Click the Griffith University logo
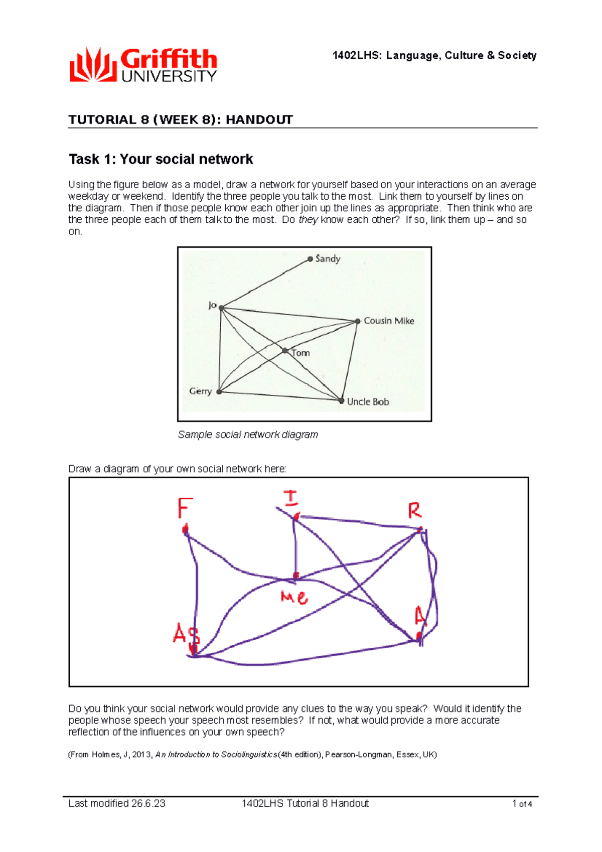click(143, 65)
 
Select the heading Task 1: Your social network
click(161, 159)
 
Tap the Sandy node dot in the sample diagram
click(310, 259)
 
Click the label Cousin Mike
click(389, 321)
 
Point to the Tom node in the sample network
click(285, 351)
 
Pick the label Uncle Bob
click(368, 401)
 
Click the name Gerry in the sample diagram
click(200, 391)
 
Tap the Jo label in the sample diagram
click(212, 305)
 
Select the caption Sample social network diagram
click(248, 435)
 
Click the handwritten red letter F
click(185, 508)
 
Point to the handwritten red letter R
click(414, 511)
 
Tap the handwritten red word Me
click(294, 597)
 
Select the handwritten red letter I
click(291, 498)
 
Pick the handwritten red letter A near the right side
click(420, 617)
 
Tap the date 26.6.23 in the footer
click(148, 803)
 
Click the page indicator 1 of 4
click(522, 804)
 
